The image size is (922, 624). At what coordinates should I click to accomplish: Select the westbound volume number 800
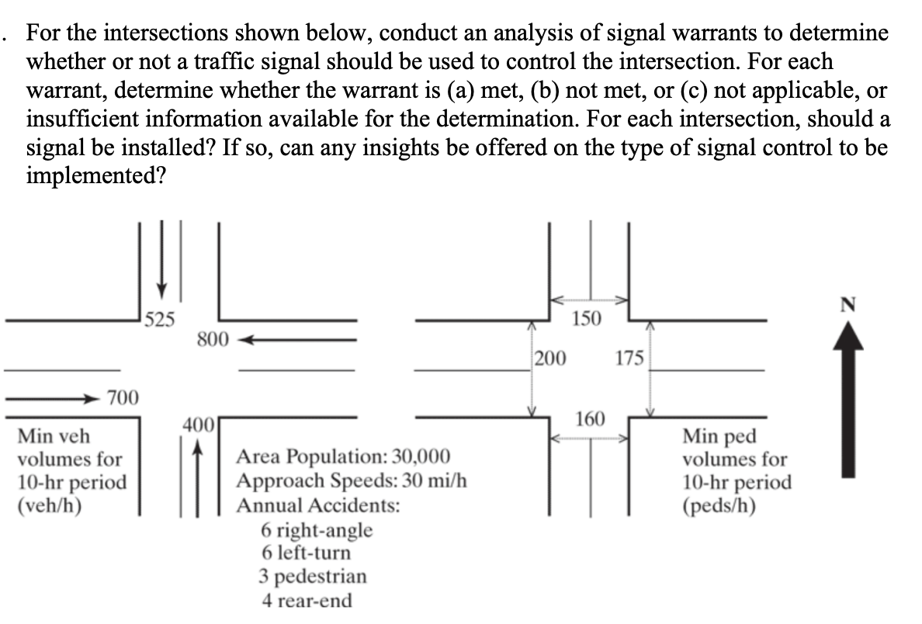[x=212, y=339]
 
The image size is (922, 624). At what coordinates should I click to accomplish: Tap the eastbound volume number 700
[x=123, y=399]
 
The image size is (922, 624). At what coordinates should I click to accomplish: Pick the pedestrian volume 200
[x=550, y=359]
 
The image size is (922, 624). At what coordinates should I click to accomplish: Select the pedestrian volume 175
[x=629, y=359]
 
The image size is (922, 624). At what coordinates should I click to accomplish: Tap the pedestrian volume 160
[x=591, y=420]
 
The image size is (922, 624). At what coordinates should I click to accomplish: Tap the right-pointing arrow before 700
[x=54, y=399]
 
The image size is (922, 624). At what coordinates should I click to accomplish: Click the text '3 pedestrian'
[x=313, y=577]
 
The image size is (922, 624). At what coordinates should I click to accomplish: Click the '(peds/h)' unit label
[x=719, y=505]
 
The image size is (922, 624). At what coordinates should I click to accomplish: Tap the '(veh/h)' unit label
[x=50, y=505]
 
